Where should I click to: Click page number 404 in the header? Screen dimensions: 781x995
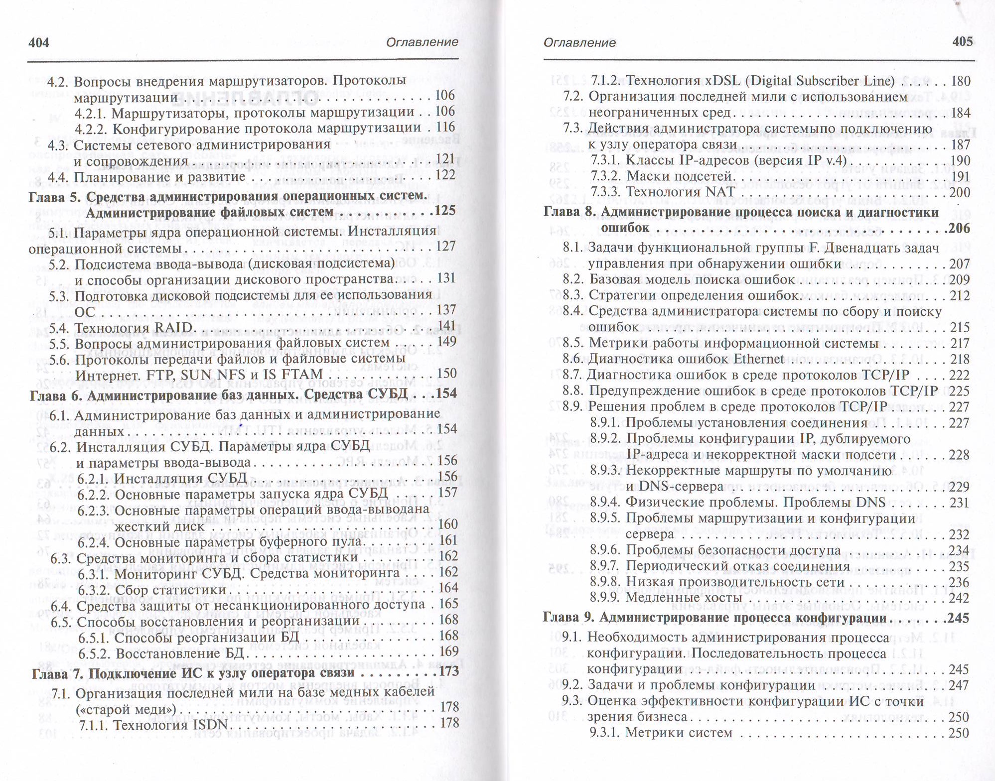(39, 42)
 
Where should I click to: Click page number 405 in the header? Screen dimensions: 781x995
(962, 42)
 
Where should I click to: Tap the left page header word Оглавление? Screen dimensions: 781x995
(422, 42)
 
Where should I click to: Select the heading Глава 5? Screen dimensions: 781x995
(54, 197)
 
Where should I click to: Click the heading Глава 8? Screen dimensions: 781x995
(569, 212)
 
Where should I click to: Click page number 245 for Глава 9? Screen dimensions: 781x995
(958, 618)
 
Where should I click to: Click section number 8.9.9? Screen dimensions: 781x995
(605, 598)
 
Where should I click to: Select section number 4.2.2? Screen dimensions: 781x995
(91, 129)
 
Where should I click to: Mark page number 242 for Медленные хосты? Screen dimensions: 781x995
(959, 598)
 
